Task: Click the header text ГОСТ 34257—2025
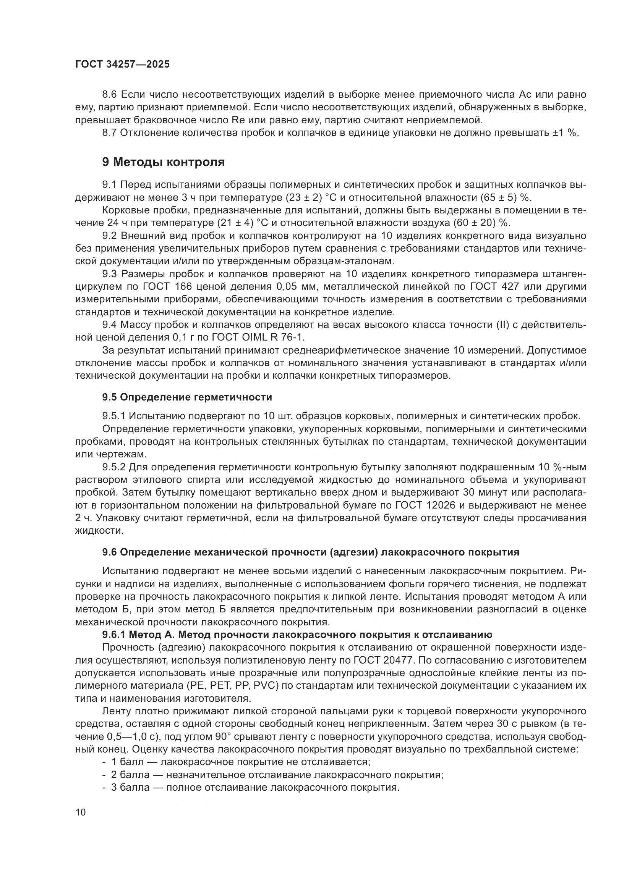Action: pyautogui.click(x=122, y=65)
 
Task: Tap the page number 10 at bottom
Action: pyautogui.click(x=81, y=812)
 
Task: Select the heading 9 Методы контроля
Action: pyautogui.click(x=164, y=162)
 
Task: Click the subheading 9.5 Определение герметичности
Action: pyautogui.click(x=187, y=397)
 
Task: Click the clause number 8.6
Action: pyautogui.click(x=110, y=95)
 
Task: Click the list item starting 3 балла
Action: pyautogui.click(x=255, y=788)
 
